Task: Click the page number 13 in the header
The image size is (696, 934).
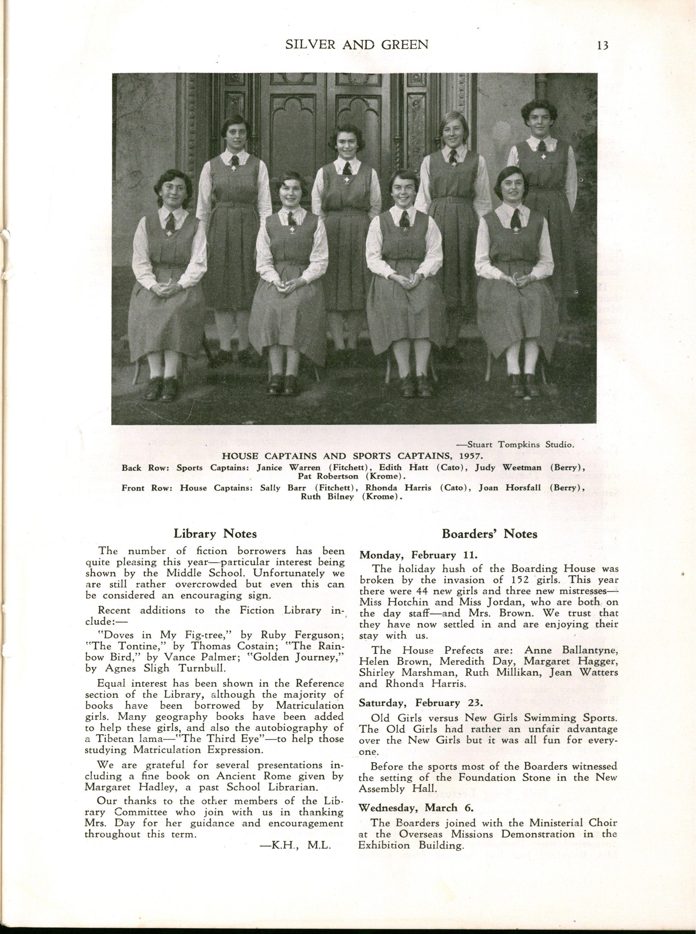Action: point(600,45)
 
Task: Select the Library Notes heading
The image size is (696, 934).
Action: point(215,533)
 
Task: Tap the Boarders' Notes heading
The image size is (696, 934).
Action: point(490,534)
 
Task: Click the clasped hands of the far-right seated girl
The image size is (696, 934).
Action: point(515,278)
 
